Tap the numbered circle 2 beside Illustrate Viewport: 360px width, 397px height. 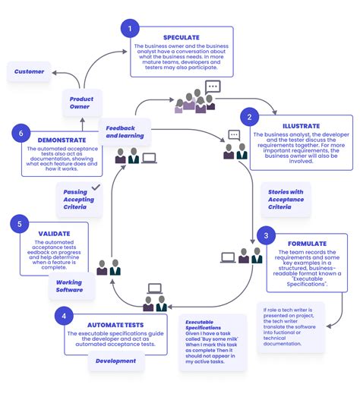pyautogui.click(x=249, y=117)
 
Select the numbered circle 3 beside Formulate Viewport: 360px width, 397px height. pyautogui.click(x=266, y=235)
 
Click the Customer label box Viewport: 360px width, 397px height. pyautogui.click(x=30, y=72)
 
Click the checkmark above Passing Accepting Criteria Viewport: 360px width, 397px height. pyautogui.click(x=95, y=185)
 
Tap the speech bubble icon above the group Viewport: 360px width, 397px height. pyautogui.click(x=212, y=87)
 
